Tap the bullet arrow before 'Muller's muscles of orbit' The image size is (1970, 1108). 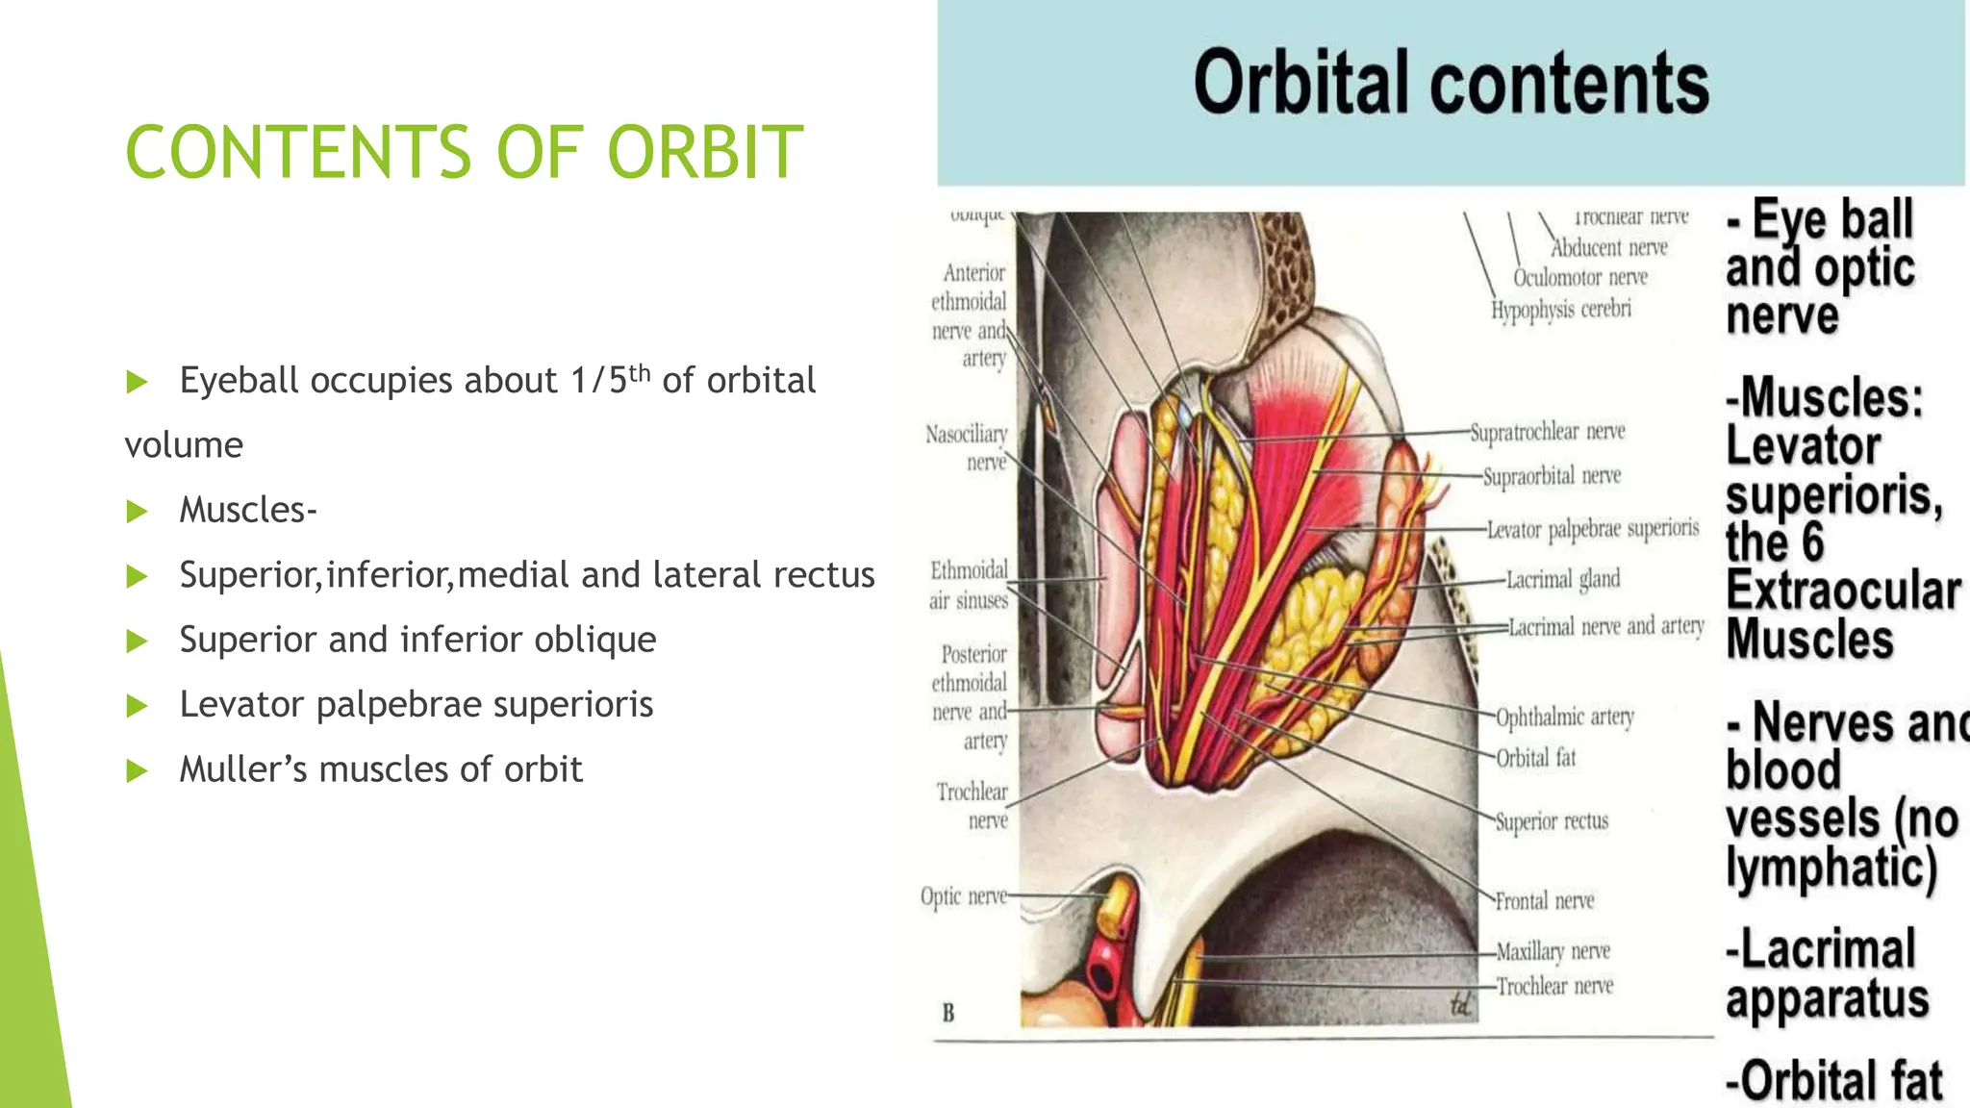tap(137, 770)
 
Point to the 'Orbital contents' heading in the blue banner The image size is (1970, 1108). tap(1451, 83)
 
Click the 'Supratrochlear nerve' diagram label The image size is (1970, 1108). tap(1547, 432)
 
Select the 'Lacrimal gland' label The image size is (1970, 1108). tap(1562, 579)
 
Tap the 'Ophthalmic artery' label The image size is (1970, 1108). tap(1564, 717)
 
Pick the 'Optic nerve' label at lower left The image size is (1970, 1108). tap(963, 896)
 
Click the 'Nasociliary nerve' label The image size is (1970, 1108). tap(968, 448)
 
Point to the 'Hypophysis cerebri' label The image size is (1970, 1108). tap(1560, 310)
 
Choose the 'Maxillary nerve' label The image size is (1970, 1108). tap(1553, 951)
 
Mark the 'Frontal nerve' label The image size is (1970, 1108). tap(1544, 901)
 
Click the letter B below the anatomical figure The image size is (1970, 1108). tap(948, 1013)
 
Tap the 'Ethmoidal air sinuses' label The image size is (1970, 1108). tap(969, 585)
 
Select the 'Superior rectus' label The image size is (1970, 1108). tap(1551, 821)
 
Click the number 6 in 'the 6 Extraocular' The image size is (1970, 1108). tap(1811, 542)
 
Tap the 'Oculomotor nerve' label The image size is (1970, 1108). tap(1579, 278)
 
